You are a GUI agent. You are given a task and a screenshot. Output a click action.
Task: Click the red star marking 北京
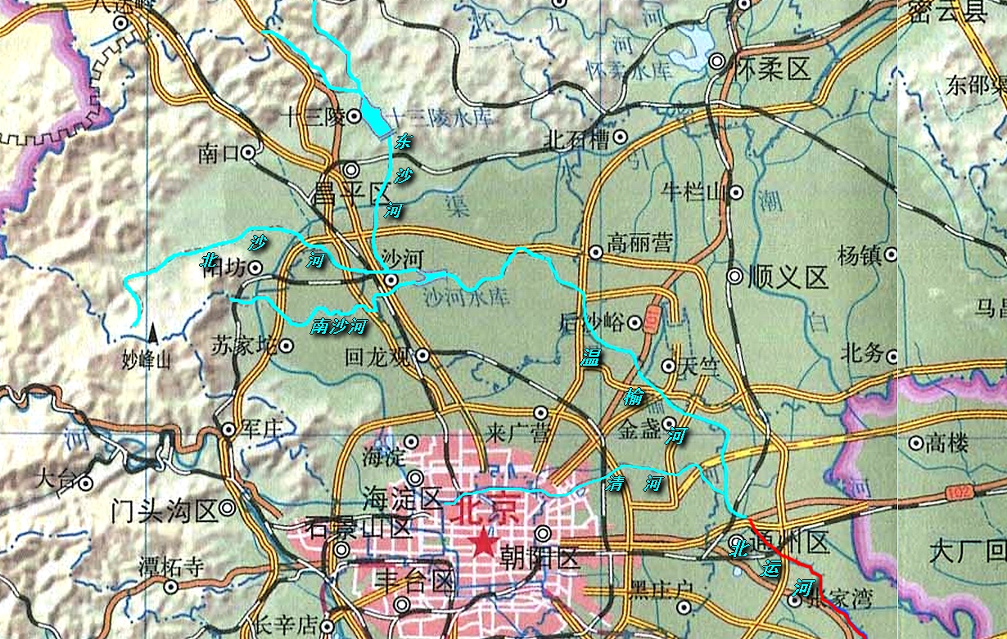coord(485,541)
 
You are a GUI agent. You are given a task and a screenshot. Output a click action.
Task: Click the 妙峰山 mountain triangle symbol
coord(152,333)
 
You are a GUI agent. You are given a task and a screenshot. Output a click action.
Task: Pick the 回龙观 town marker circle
coord(422,355)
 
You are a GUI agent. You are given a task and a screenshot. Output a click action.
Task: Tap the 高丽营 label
coord(639,242)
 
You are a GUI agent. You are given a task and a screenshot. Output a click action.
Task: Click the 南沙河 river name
coord(337,326)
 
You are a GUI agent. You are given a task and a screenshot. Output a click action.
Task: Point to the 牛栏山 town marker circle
coord(736,193)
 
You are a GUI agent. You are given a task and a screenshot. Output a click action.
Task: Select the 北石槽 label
coord(576,140)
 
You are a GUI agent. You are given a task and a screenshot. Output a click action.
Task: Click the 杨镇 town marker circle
coord(891,255)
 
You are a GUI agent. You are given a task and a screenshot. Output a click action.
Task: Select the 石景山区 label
coord(357,526)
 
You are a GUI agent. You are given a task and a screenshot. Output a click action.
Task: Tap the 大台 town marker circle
coord(84,483)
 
